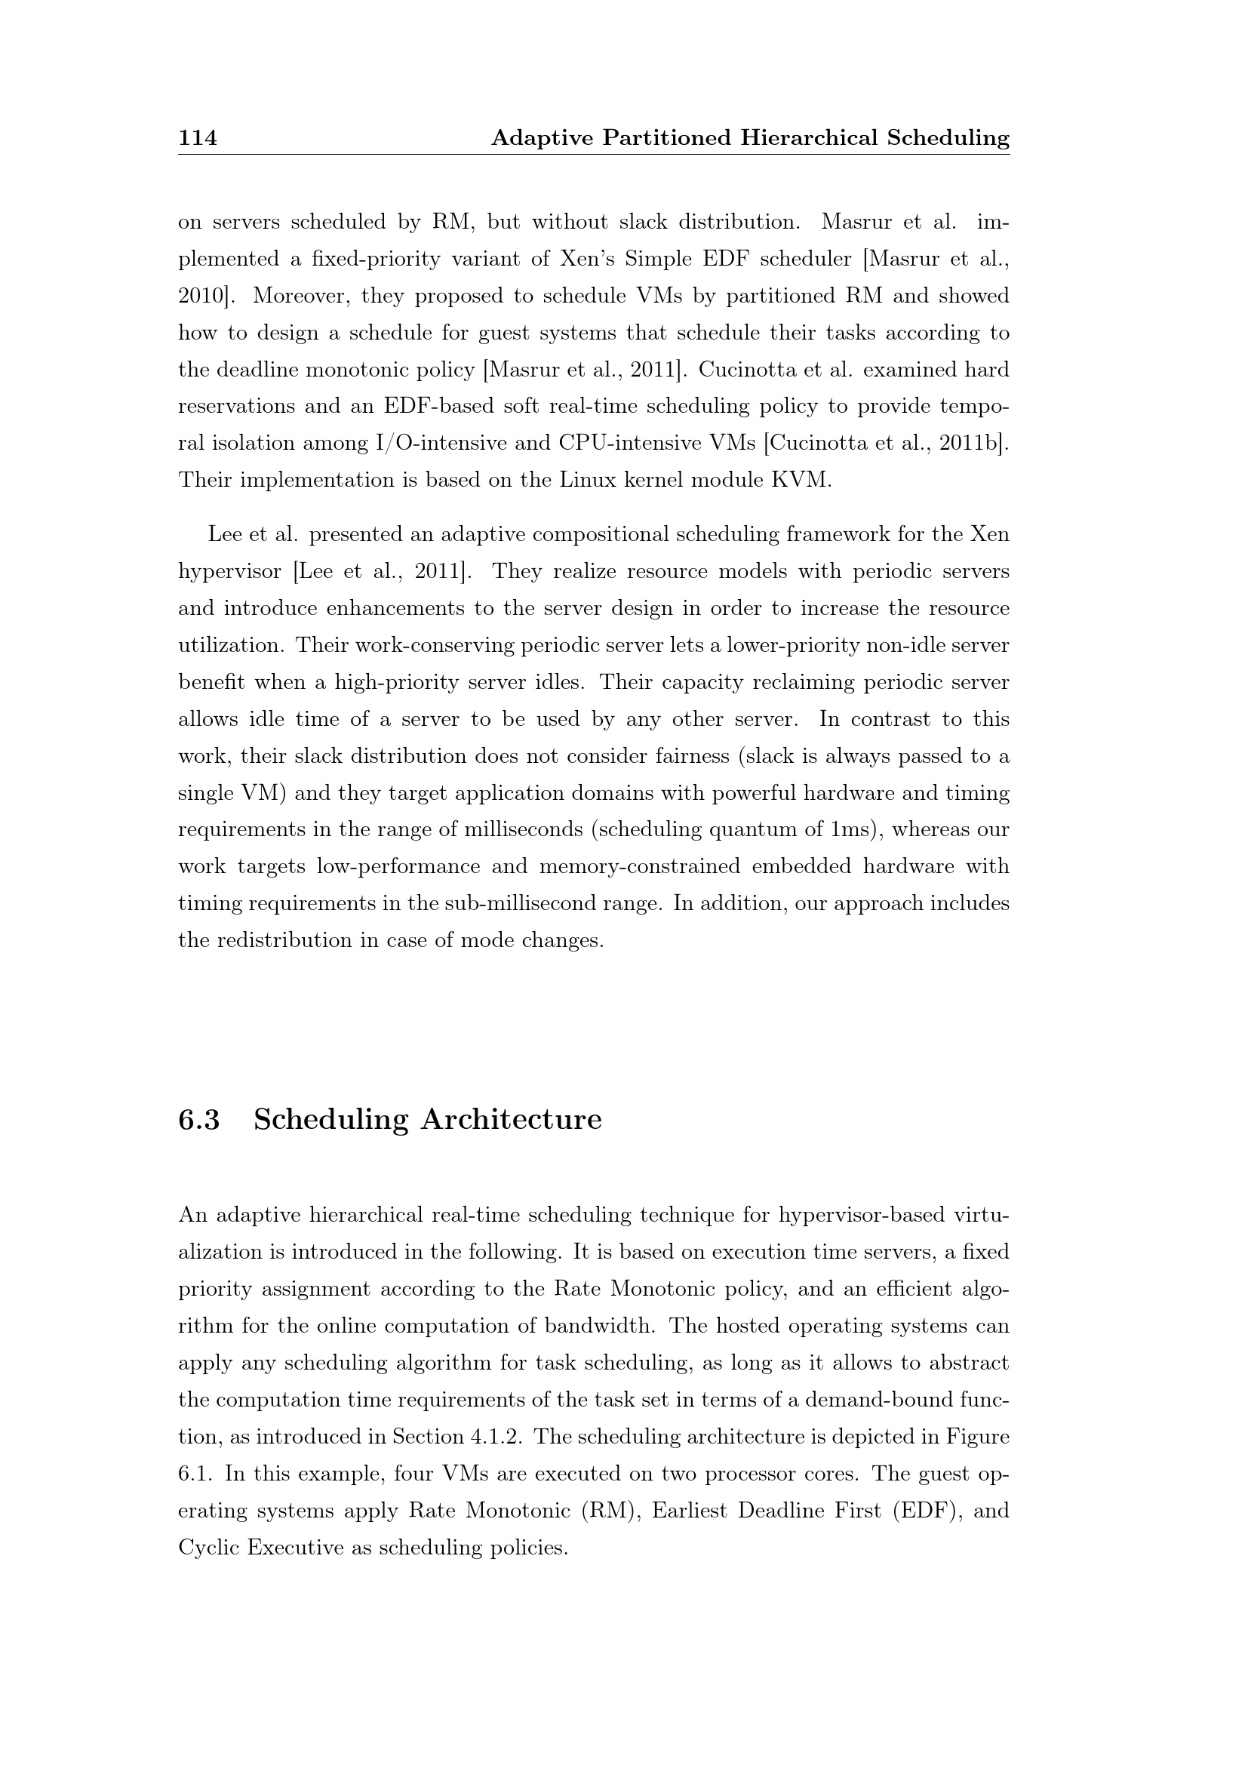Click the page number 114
coord(198,137)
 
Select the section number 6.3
coord(199,1119)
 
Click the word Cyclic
coord(208,1548)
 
